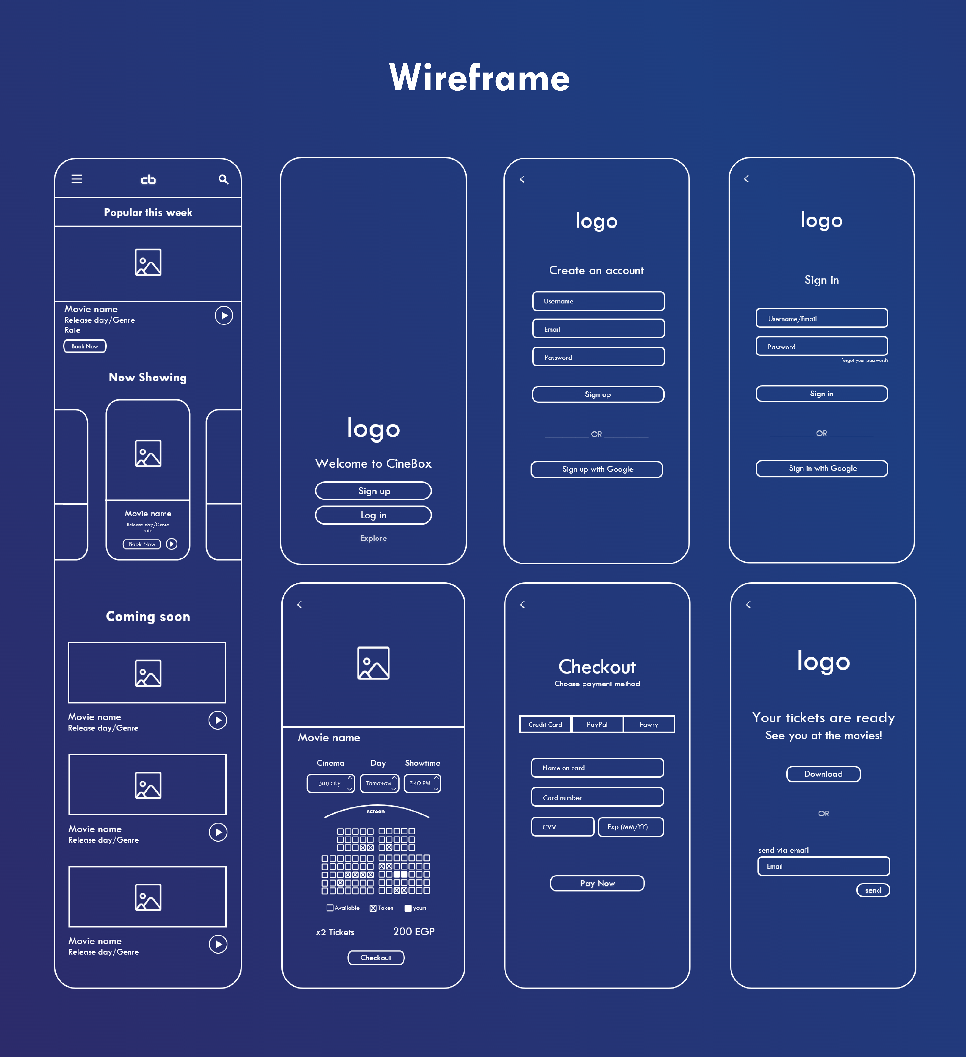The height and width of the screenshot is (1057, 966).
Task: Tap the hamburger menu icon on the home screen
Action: coord(77,179)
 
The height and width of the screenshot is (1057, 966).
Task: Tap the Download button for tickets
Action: coord(823,774)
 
